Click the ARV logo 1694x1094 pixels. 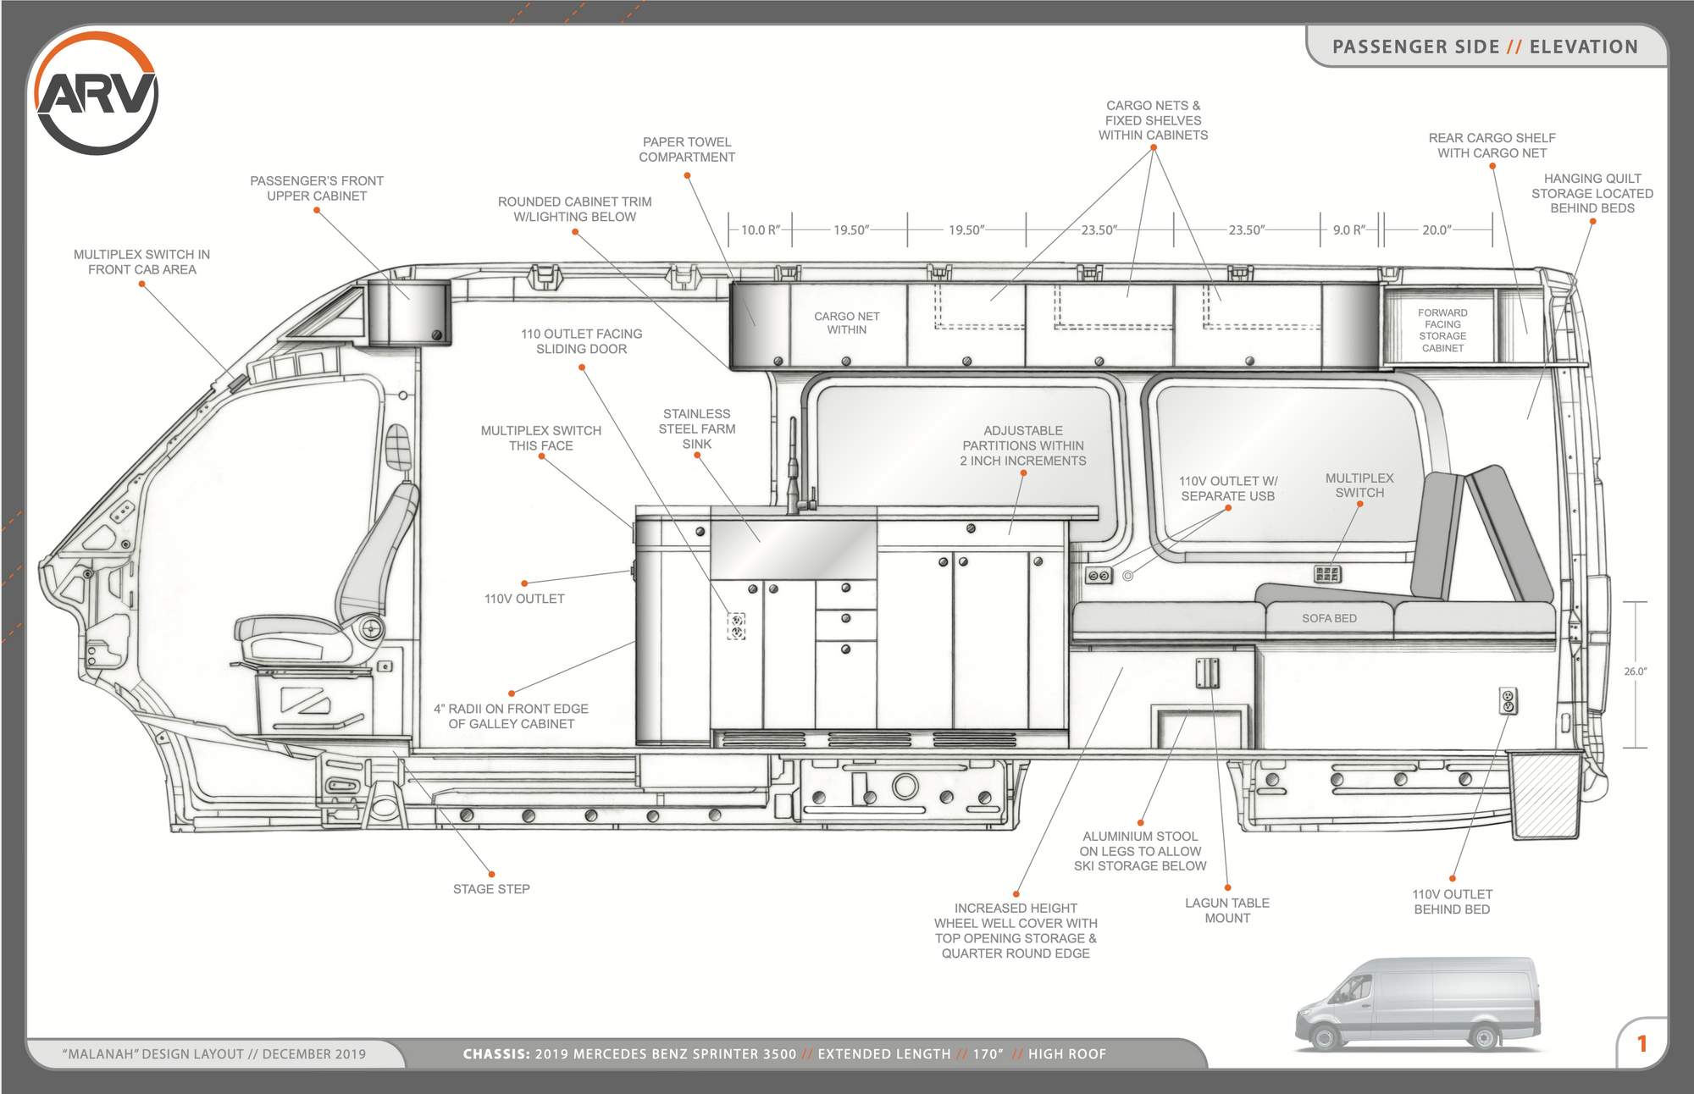pyautogui.click(x=96, y=93)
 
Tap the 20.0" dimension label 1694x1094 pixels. pyautogui.click(x=1437, y=229)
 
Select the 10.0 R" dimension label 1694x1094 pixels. pyautogui.click(x=760, y=229)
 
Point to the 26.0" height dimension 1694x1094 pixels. pyautogui.click(x=1635, y=671)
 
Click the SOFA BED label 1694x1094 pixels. pyautogui.click(x=1329, y=619)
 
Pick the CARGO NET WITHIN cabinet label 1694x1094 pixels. pyautogui.click(x=846, y=323)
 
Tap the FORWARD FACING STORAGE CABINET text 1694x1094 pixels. pyautogui.click(x=1442, y=330)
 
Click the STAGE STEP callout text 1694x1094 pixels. pyautogui.click(x=491, y=889)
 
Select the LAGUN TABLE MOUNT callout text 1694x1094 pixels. pyautogui.click(x=1226, y=910)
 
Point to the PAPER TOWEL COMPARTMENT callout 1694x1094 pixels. pyautogui.click(x=687, y=150)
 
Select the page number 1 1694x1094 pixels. pyautogui.click(x=1641, y=1044)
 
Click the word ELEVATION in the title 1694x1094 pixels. pyautogui.click(x=1583, y=47)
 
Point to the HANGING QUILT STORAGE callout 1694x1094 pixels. pyautogui.click(x=1592, y=193)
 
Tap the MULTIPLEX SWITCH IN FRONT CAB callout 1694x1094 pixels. pyautogui.click(x=141, y=262)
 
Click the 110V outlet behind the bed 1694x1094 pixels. pyautogui.click(x=1508, y=701)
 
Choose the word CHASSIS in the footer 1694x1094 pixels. pyautogui.click(x=495, y=1054)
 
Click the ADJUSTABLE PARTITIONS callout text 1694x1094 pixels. pyautogui.click(x=1022, y=445)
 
